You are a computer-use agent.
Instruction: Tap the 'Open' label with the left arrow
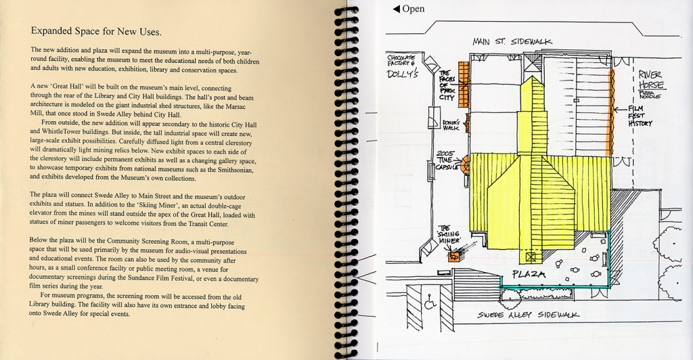point(409,9)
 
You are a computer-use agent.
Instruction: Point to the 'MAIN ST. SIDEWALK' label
point(512,42)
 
